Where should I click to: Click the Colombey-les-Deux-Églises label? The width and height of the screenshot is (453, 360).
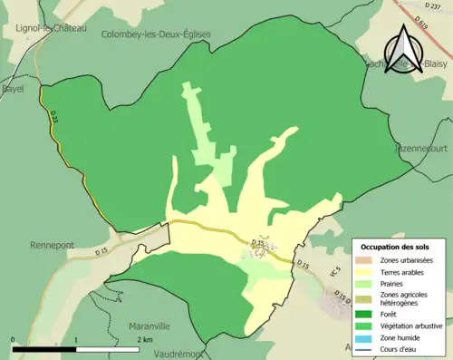pyautogui.click(x=158, y=34)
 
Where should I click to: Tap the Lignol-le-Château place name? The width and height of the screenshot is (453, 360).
pyautogui.click(x=50, y=28)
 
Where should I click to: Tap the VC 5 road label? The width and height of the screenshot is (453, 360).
pyautogui.click(x=333, y=270)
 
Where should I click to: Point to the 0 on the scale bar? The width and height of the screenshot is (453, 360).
pyautogui.click(x=14, y=339)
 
